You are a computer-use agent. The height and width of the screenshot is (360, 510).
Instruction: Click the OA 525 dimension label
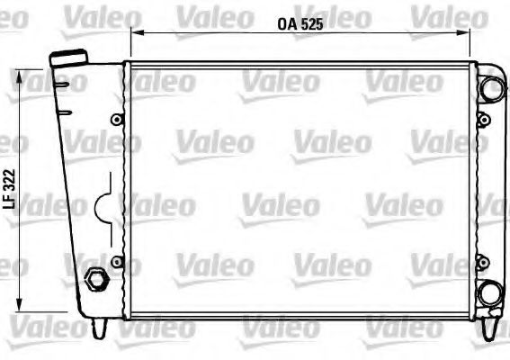pos(300,24)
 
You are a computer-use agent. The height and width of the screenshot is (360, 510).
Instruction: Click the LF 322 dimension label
pos(9,189)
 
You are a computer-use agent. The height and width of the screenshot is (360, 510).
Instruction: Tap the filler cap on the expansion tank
pos(68,58)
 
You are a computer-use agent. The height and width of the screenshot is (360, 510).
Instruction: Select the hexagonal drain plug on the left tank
pos(96,279)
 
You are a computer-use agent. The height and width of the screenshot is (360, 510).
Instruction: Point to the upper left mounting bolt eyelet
pos(117,120)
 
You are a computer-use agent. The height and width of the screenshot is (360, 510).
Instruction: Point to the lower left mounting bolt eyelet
pos(117,262)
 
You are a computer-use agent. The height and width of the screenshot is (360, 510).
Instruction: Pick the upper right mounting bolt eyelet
pos(484,120)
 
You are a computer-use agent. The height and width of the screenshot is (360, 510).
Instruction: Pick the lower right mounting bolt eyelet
pos(483,262)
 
